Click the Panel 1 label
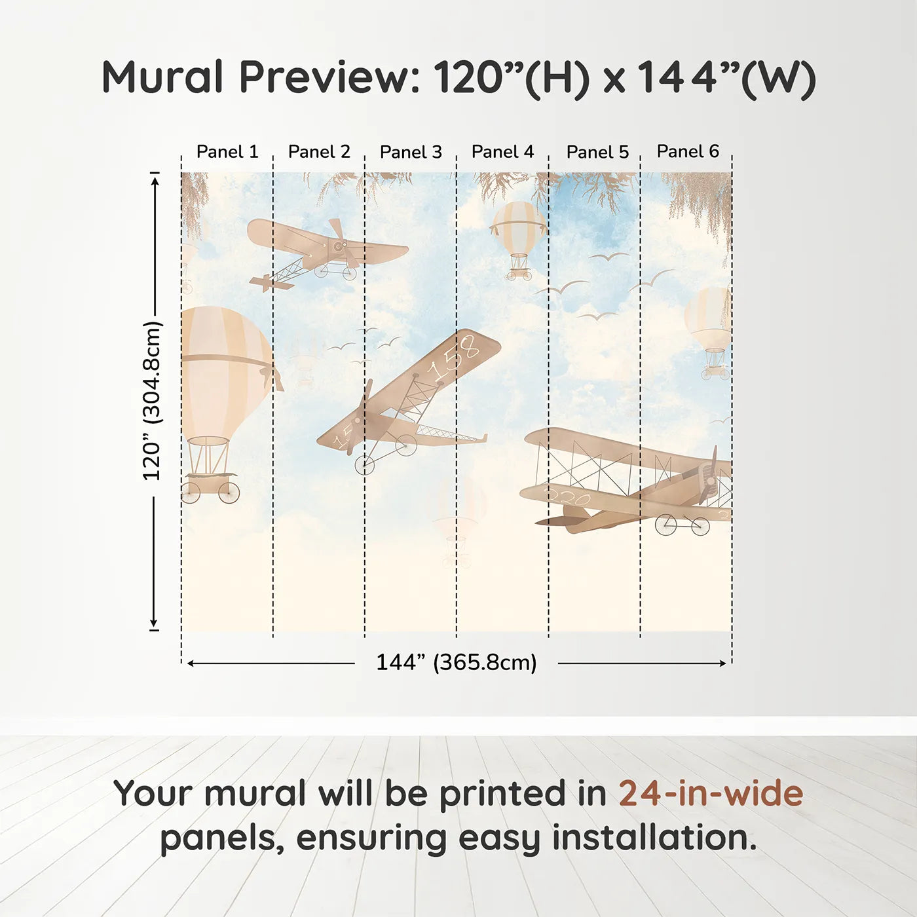(x=227, y=152)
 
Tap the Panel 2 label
(x=319, y=152)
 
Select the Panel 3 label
(x=411, y=152)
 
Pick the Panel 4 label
(x=502, y=152)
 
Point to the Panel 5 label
(x=597, y=152)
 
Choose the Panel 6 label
(x=688, y=151)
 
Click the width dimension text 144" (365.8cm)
(x=456, y=662)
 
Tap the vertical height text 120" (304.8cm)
(x=152, y=401)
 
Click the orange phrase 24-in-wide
(x=711, y=793)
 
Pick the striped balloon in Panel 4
(x=518, y=229)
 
